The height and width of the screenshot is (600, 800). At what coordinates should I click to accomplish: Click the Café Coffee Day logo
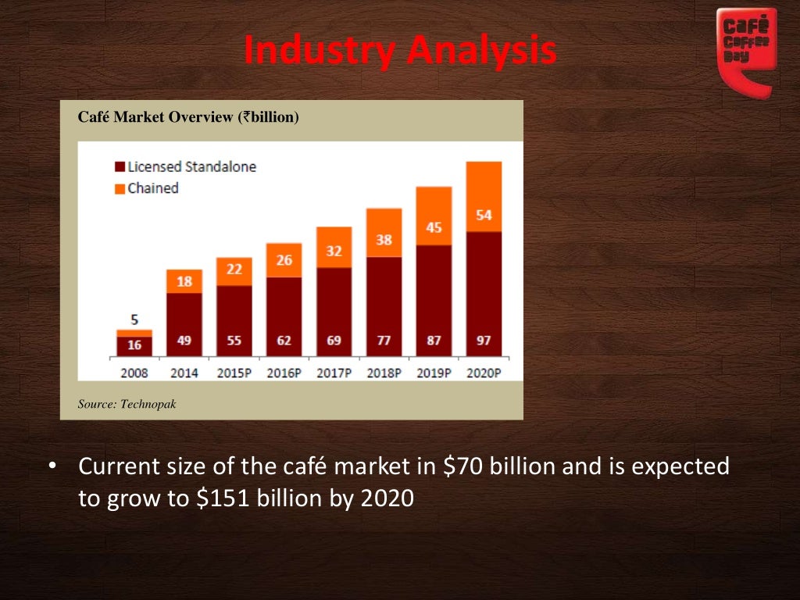[746, 48]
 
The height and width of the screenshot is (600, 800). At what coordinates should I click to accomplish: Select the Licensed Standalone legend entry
[185, 166]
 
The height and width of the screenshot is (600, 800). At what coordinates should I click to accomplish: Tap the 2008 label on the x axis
[134, 373]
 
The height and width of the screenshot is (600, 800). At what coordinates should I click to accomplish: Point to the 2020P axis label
[484, 373]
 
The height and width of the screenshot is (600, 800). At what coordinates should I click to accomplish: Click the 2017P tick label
[334, 373]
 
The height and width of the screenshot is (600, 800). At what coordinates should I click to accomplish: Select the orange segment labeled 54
[484, 197]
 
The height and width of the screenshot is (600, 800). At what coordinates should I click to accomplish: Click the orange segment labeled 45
[434, 216]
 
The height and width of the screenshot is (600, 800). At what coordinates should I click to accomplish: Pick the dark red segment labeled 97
[484, 295]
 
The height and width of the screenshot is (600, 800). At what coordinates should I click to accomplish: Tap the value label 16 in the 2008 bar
[134, 345]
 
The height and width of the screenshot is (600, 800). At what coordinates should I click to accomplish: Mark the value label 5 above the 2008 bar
[134, 320]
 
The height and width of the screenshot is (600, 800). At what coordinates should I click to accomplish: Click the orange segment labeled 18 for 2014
[184, 281]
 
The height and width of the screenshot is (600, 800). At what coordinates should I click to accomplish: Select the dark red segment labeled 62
[284, 317]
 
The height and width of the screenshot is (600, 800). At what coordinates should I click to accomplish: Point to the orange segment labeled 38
[384, 233]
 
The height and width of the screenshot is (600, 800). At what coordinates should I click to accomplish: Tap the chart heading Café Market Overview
[188, 117]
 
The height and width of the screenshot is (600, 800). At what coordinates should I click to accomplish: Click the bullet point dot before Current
[52, 467]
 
